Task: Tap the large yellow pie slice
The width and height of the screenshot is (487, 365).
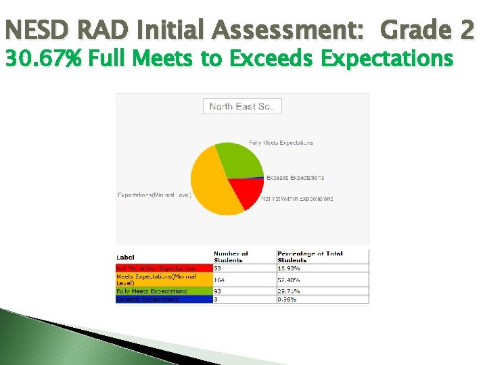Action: [x=213, y=187]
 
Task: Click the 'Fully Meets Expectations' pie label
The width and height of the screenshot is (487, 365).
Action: [x=281, y=143]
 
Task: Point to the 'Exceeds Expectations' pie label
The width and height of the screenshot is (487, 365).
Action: [x=295, y=178]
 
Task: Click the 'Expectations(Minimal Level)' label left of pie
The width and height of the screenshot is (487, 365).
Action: [x=154, y=195]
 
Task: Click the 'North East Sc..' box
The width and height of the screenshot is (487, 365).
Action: [x=242, y=106]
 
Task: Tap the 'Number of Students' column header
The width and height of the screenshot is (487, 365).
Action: [x=231, y=257]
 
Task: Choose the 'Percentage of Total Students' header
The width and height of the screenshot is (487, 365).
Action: [x=310, y=257]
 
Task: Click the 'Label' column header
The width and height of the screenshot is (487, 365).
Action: [x=125, y=258]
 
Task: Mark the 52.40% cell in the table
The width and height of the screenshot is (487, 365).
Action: [x=322, y=279]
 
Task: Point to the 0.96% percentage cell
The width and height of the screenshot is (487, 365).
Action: [x=322, y=299]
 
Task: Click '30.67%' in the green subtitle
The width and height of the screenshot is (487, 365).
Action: [x=43, y=59]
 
